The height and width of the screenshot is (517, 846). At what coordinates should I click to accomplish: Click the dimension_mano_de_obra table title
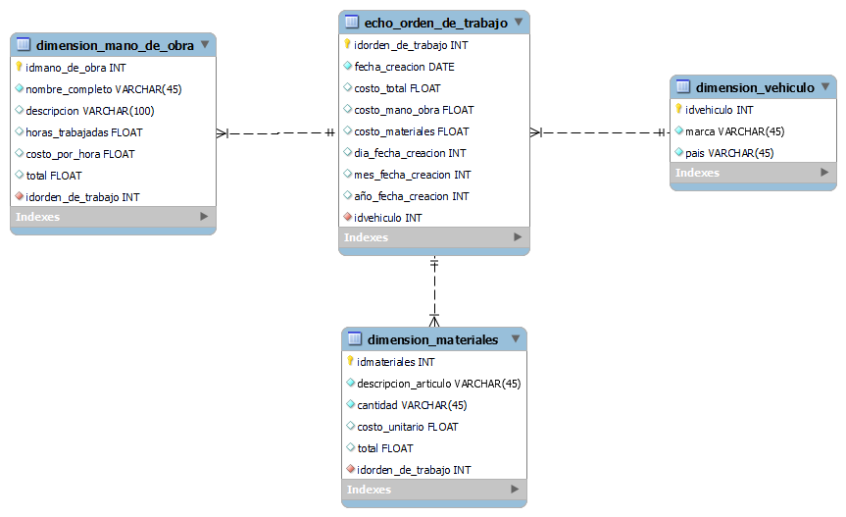click(x=115, y=45)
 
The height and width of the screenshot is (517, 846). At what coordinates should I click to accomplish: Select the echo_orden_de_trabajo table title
click(x=435, y=23)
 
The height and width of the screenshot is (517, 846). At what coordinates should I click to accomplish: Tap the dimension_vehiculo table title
click(x=755, y=87)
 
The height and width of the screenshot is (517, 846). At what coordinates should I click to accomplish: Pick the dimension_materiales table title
click(x=432, y=339)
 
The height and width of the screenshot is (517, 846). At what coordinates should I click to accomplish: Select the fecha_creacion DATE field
click(x=404, y=67)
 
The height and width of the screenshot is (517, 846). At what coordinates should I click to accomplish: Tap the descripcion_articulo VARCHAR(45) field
click(x=438, y=384)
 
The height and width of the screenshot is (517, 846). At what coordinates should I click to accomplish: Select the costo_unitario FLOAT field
click(x=407, y=427)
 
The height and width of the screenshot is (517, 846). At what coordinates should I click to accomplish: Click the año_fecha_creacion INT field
click(x=411, y=196)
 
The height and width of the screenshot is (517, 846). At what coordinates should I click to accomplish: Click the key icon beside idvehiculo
click(x=678, y=109)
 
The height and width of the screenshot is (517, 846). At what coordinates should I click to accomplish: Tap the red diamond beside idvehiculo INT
click(x=347, y=217)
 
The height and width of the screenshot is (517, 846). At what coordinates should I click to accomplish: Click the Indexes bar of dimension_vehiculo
click(x=753, y=174)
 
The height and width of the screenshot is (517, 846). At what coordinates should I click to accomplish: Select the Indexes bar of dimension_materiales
click(x=433, y=490)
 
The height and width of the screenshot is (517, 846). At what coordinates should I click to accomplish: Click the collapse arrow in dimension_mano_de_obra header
click(x=204, y=44)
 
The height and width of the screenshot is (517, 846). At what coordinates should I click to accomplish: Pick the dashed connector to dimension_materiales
click(x=434, y=290)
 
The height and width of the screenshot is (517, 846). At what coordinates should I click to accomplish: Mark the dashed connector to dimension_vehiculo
click(x=600, y=132)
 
